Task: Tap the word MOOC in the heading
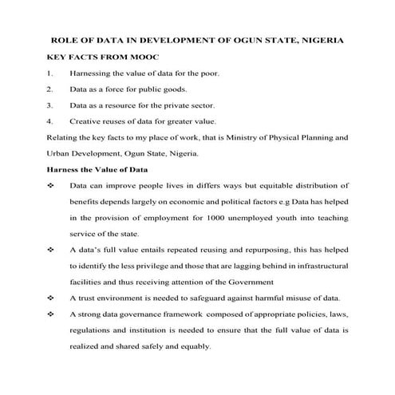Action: (144, 57)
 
